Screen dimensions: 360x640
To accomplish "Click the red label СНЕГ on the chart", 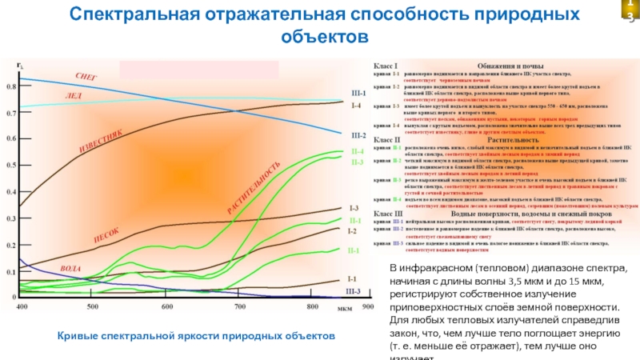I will tap(86, 76).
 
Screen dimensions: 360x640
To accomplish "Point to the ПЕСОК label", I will tap(106, 235).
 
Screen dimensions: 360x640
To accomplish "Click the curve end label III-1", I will tap(358, 92).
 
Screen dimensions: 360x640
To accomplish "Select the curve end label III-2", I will tap(358, 135).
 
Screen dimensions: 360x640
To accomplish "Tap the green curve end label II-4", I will tap(357, 151).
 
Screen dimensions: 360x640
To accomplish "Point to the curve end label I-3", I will tap(354, 208).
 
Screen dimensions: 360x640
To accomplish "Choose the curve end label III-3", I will tap(353, 292).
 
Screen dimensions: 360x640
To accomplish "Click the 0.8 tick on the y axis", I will tap(11, 86).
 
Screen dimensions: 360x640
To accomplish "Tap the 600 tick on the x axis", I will tap(167, 307).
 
